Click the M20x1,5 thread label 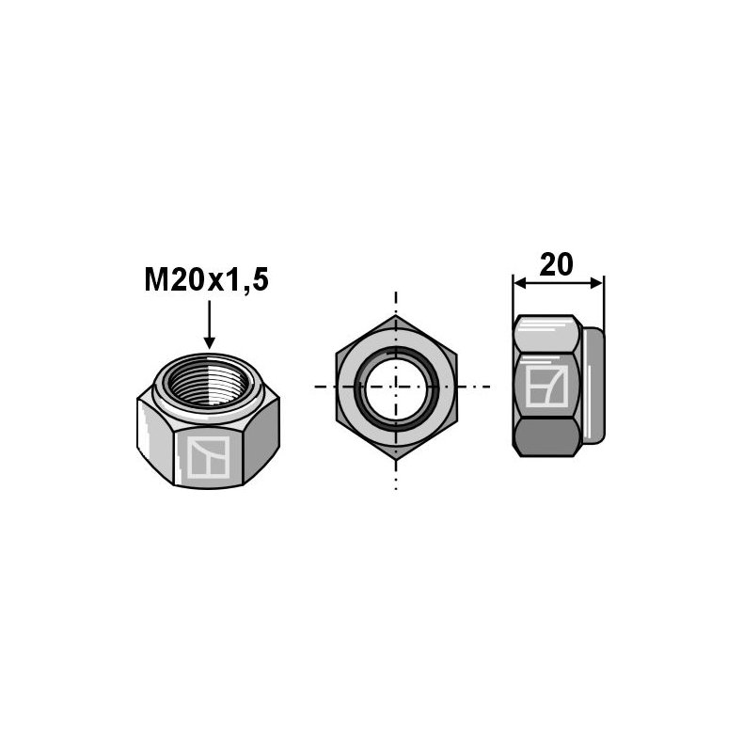[206, 280]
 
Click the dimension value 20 [557, 265]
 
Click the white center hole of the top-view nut [395, 387]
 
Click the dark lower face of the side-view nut [545, 436]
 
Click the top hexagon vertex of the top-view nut [396, 317]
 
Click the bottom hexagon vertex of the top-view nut [396, 456]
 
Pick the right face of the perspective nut [263, 438]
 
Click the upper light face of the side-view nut [545, 335]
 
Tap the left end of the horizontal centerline [315, 387]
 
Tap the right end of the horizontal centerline [489, 387]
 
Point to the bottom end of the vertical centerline [396, 487]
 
